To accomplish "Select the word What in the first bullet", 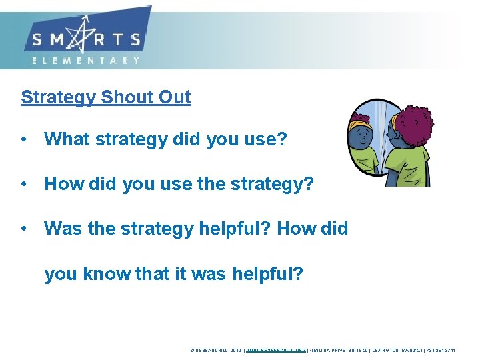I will (x=67, y=139).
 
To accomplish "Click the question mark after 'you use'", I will (x=282, y=139).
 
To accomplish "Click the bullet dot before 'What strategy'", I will (x=23, y=140).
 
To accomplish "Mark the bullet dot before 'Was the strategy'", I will (x=23, y=229).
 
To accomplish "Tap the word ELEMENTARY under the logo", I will (x=86, y=60).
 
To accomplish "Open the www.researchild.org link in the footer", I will (x=276, y=349).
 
